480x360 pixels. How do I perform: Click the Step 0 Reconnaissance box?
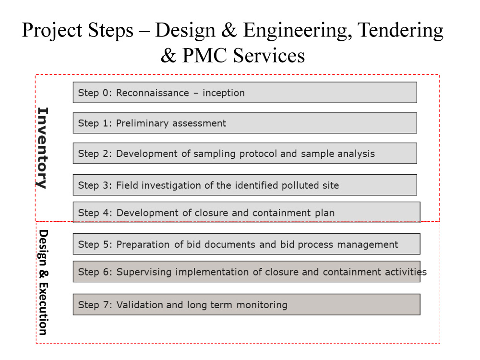(x=245, y=93)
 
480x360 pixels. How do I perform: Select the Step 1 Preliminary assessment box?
(x=245, y=123)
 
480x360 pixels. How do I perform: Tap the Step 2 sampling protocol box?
(x=245, y=153)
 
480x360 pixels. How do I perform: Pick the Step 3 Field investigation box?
(x=245, y=185)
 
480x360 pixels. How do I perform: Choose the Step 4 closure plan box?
(x=246, y=212)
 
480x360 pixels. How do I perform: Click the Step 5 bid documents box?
(x=246, y=244)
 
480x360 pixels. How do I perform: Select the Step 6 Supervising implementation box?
(x=246, y=272)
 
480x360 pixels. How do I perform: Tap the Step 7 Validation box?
(x=246, y=305)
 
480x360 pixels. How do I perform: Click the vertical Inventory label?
(x=42, y=148)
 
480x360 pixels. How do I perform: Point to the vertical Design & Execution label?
(x=43, y=283)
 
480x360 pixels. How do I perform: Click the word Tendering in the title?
(x=400, y=31)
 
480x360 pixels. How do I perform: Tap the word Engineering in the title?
(x=297, y=31)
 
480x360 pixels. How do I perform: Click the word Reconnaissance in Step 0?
(x=153, y=93)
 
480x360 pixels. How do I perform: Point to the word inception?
(x=224, y=93)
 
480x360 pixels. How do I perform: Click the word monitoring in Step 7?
(x=262, y=305)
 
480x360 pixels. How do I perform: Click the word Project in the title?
(x=52, y=31)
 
